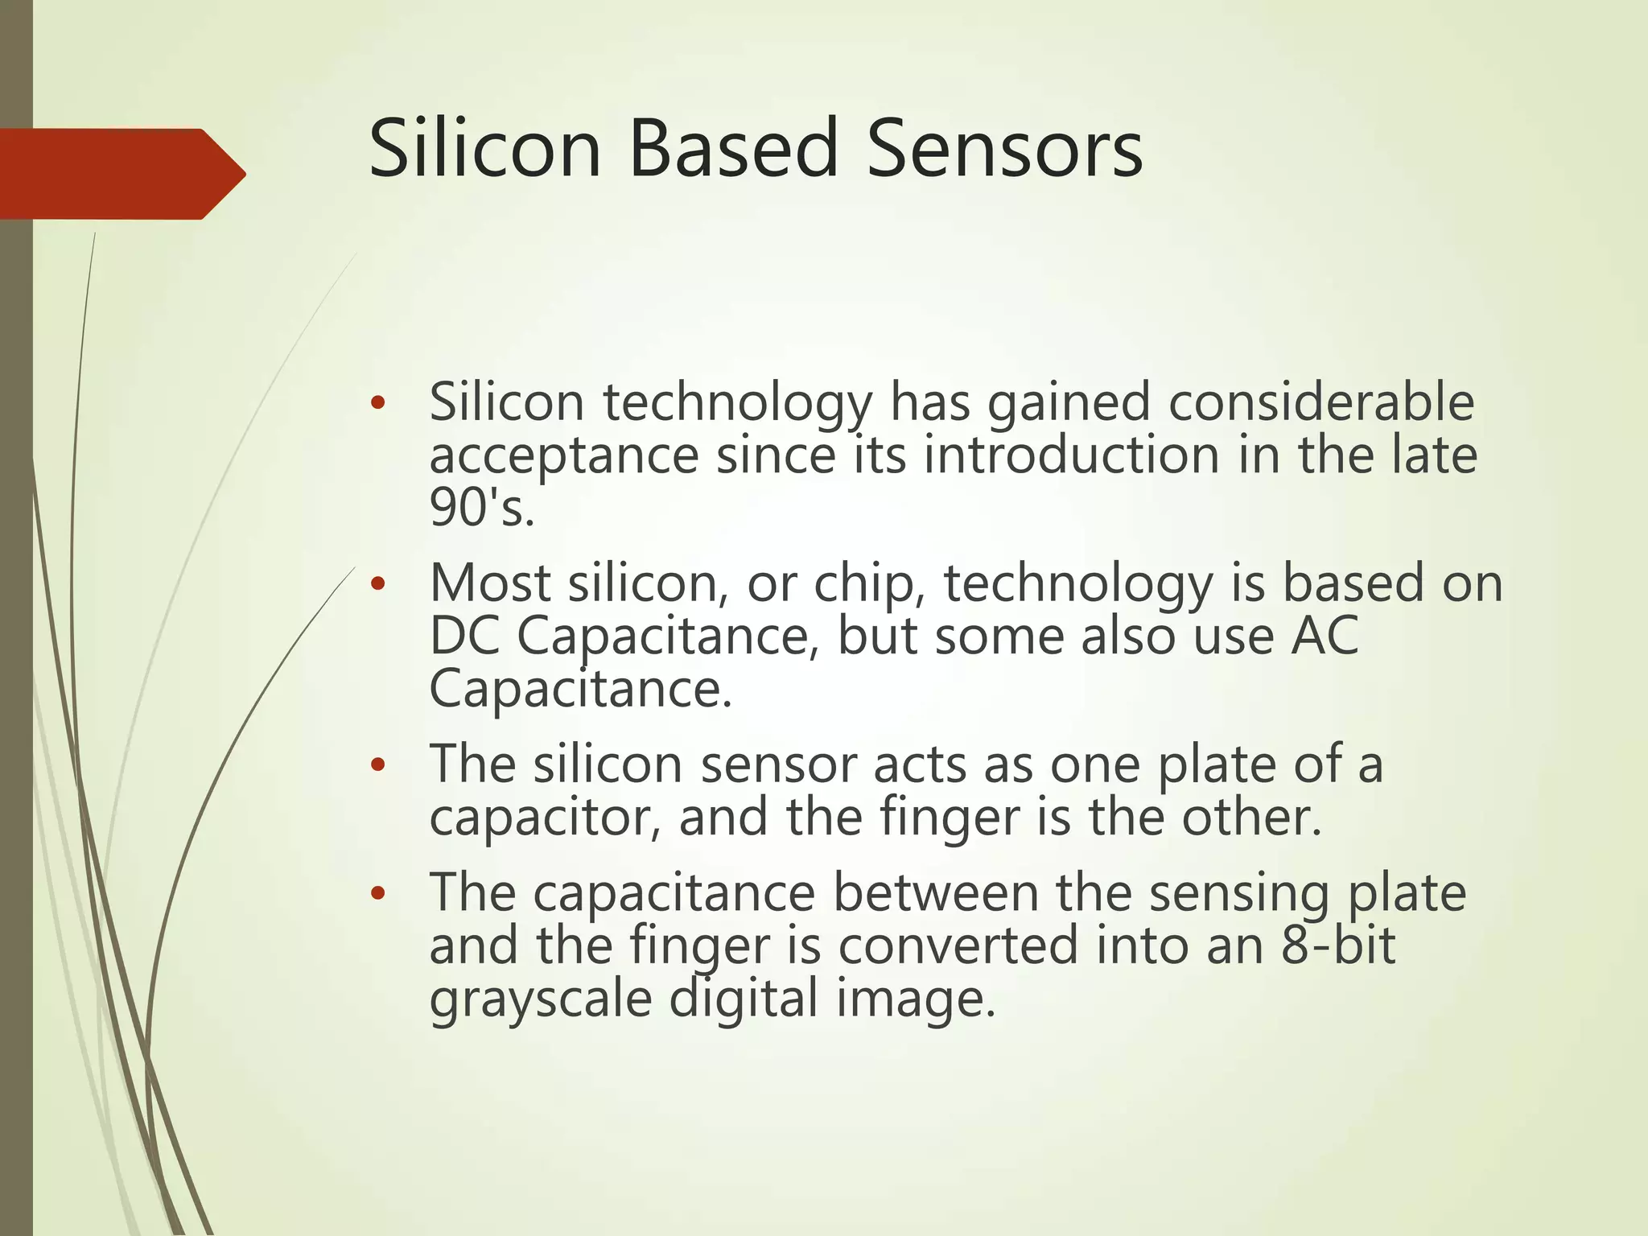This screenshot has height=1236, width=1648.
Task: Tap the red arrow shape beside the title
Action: pos(121,174)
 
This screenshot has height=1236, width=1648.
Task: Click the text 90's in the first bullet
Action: pos(481,509)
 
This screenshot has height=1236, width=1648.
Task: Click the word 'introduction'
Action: pos(1071,455)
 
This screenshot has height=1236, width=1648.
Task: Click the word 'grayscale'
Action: pos(540,999)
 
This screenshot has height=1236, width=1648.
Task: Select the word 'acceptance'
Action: pos(563,457)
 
